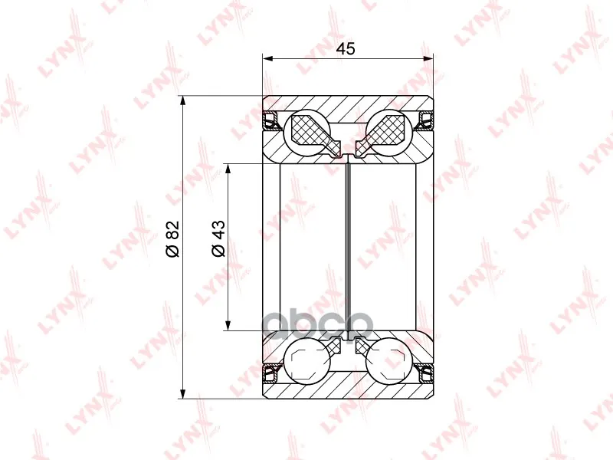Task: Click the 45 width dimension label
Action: click(x=346, y=49)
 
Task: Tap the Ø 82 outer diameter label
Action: click(x=172, y=238)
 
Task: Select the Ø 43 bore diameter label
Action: click(x=219, y=238)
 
